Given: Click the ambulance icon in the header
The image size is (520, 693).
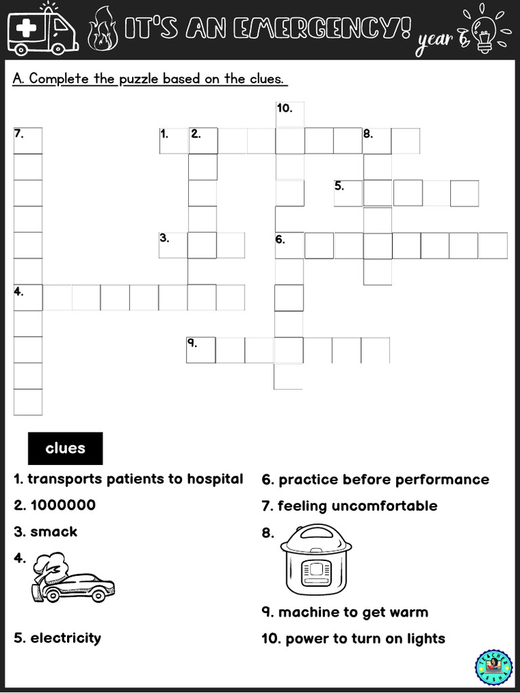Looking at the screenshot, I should [x=42, y=28].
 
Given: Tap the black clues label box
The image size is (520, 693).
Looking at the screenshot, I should [x=65, y=448].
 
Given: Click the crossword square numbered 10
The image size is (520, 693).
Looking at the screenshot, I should [x=290, y=114].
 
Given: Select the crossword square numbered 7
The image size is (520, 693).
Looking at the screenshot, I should [x=28, y=140].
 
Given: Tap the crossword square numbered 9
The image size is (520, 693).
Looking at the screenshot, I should [x=200, y=350].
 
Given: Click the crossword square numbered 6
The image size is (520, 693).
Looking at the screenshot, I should [x=289, y=245].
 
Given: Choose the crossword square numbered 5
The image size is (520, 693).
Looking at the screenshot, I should [x=348, y=192].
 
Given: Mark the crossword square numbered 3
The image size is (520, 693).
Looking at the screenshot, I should [x=173, y=245].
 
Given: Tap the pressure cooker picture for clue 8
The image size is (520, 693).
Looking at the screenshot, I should [x=316, y=559].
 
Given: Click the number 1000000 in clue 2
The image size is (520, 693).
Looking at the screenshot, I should [x=63, y=505].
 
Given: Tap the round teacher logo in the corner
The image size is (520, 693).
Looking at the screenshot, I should [x=494, y=667].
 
